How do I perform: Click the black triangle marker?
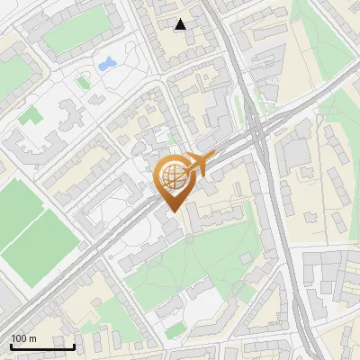181,24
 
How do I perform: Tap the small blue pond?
107,64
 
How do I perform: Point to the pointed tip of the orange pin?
173,211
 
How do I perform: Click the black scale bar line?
42,347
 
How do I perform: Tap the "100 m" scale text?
23,338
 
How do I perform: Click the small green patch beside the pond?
83,82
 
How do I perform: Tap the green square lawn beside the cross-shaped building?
31,115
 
